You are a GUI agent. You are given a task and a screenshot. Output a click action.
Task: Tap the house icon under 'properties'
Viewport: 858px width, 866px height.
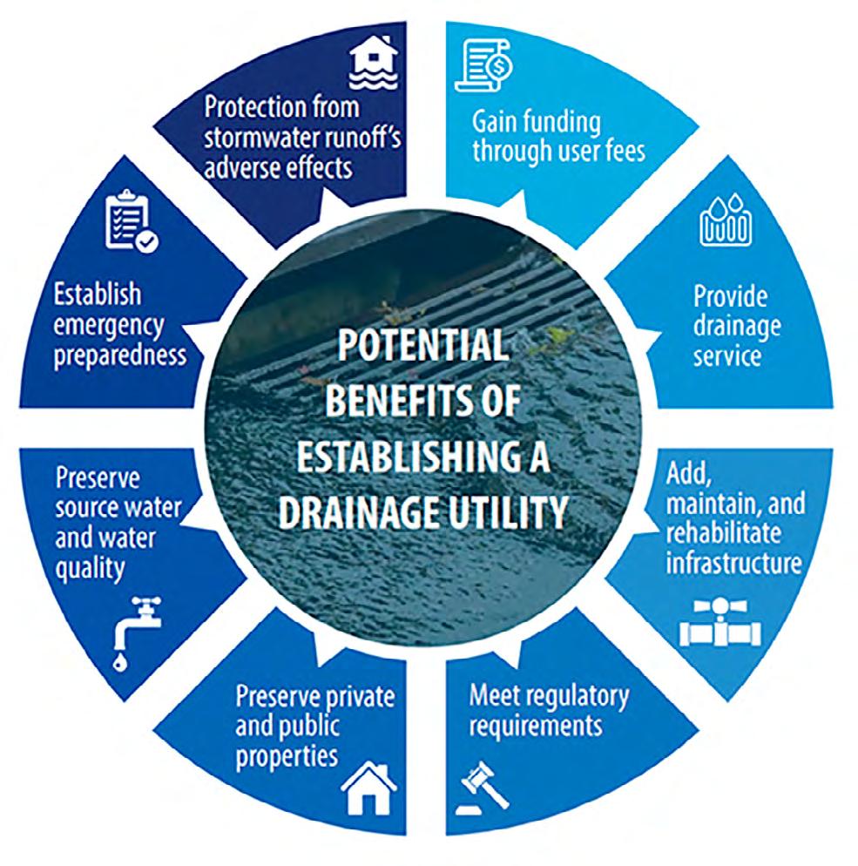pyautogui.click(x=369, y=788)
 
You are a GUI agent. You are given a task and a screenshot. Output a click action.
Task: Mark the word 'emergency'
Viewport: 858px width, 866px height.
pyautogui.click(x=109, y=325)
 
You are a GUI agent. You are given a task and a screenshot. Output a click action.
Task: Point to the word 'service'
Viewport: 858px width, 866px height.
pyautogui.click(x=727, y=356)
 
